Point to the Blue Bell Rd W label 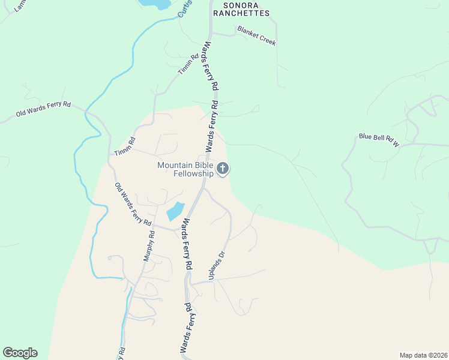pyautogui.click(x=379, y=140)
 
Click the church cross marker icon pyautogui.click(x=223, y=169)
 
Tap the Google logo pyautogui.click(x=20, y=353)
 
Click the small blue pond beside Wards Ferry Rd pyautogui.click(x=175, y=211)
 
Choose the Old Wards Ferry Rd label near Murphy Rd pyautogui.click(x=133, y=204)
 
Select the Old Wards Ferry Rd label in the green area pyautogui.click(x=43, y=109)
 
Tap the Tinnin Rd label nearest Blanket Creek pyautogui.click(x=188, y=65)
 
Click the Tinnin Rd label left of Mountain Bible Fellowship pyautogui.click(x=125, y=147)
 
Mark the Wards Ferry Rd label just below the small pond pyautogui.click(x=187, y=242)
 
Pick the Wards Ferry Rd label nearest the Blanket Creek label pyautogui.click(x=209, y=66)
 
